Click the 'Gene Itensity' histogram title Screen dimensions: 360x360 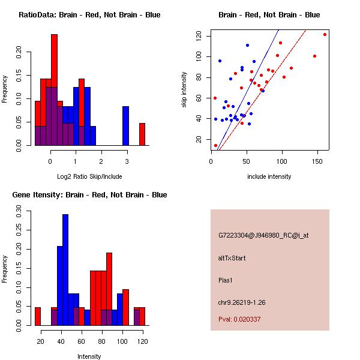coord(89,194)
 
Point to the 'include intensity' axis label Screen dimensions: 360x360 coord(269,176)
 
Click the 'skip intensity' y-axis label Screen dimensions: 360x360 coord(185,89)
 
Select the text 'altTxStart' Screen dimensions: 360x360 coord(232,258)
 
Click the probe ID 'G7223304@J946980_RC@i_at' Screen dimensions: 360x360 coord(263,236)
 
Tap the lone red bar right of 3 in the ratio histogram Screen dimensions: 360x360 coord(142,134)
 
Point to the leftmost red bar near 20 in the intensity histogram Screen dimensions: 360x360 coord(37,316)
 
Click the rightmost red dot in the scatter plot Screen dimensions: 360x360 coord(325,34)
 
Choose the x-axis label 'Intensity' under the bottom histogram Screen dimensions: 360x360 coord(89,356)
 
